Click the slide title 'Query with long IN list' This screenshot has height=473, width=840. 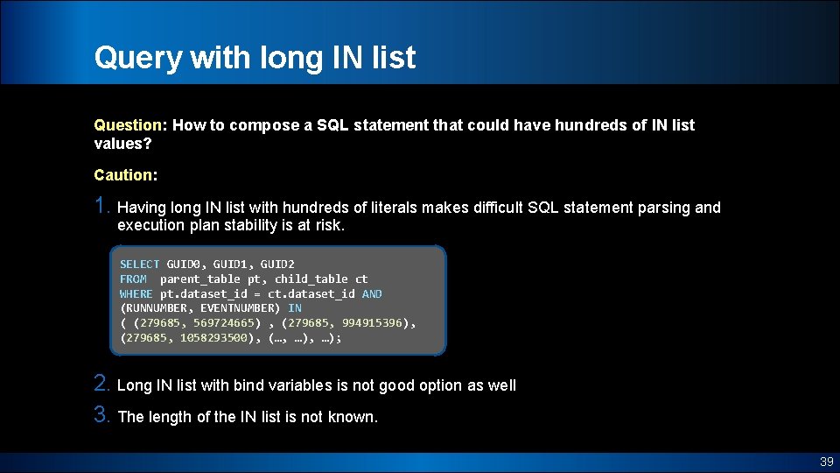click(x=255, y=58)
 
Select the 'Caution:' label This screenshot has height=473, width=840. click(x=126, y=175)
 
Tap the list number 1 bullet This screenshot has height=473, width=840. click(x=102, y=207)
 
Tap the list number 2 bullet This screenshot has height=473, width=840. click(x=102, y=385)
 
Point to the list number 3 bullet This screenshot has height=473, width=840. click(x=102, y=416)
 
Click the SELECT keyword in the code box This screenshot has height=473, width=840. click(x=139, y=265)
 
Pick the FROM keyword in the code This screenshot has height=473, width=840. click(x=133, y=279)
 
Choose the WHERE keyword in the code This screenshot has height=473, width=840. click(x=136, y=294)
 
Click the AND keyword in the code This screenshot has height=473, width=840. click(x=372, y=294)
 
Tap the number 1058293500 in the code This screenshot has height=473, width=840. click(x=213, y=338)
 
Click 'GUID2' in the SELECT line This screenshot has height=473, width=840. click(x=277, y=265)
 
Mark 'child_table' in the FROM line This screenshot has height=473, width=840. click(x=311, y=279)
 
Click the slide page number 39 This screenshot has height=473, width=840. click(x=826, y=462)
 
